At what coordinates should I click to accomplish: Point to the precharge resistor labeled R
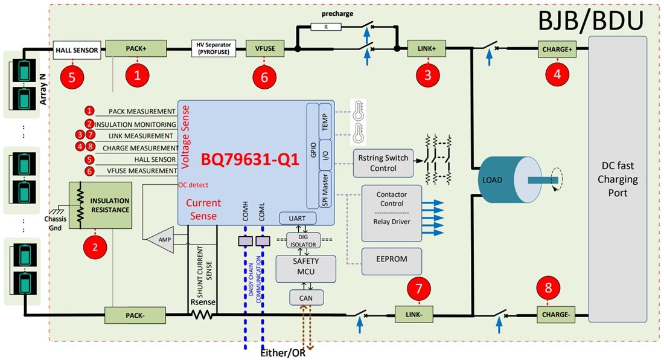pos(325,27)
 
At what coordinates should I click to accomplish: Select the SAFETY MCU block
pos(305,268)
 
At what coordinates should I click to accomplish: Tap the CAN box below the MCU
pos(306,297)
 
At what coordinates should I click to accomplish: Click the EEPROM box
pos(391,260)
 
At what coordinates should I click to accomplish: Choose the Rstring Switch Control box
pos(383,163)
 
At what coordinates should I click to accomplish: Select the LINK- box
pos(414,314)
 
